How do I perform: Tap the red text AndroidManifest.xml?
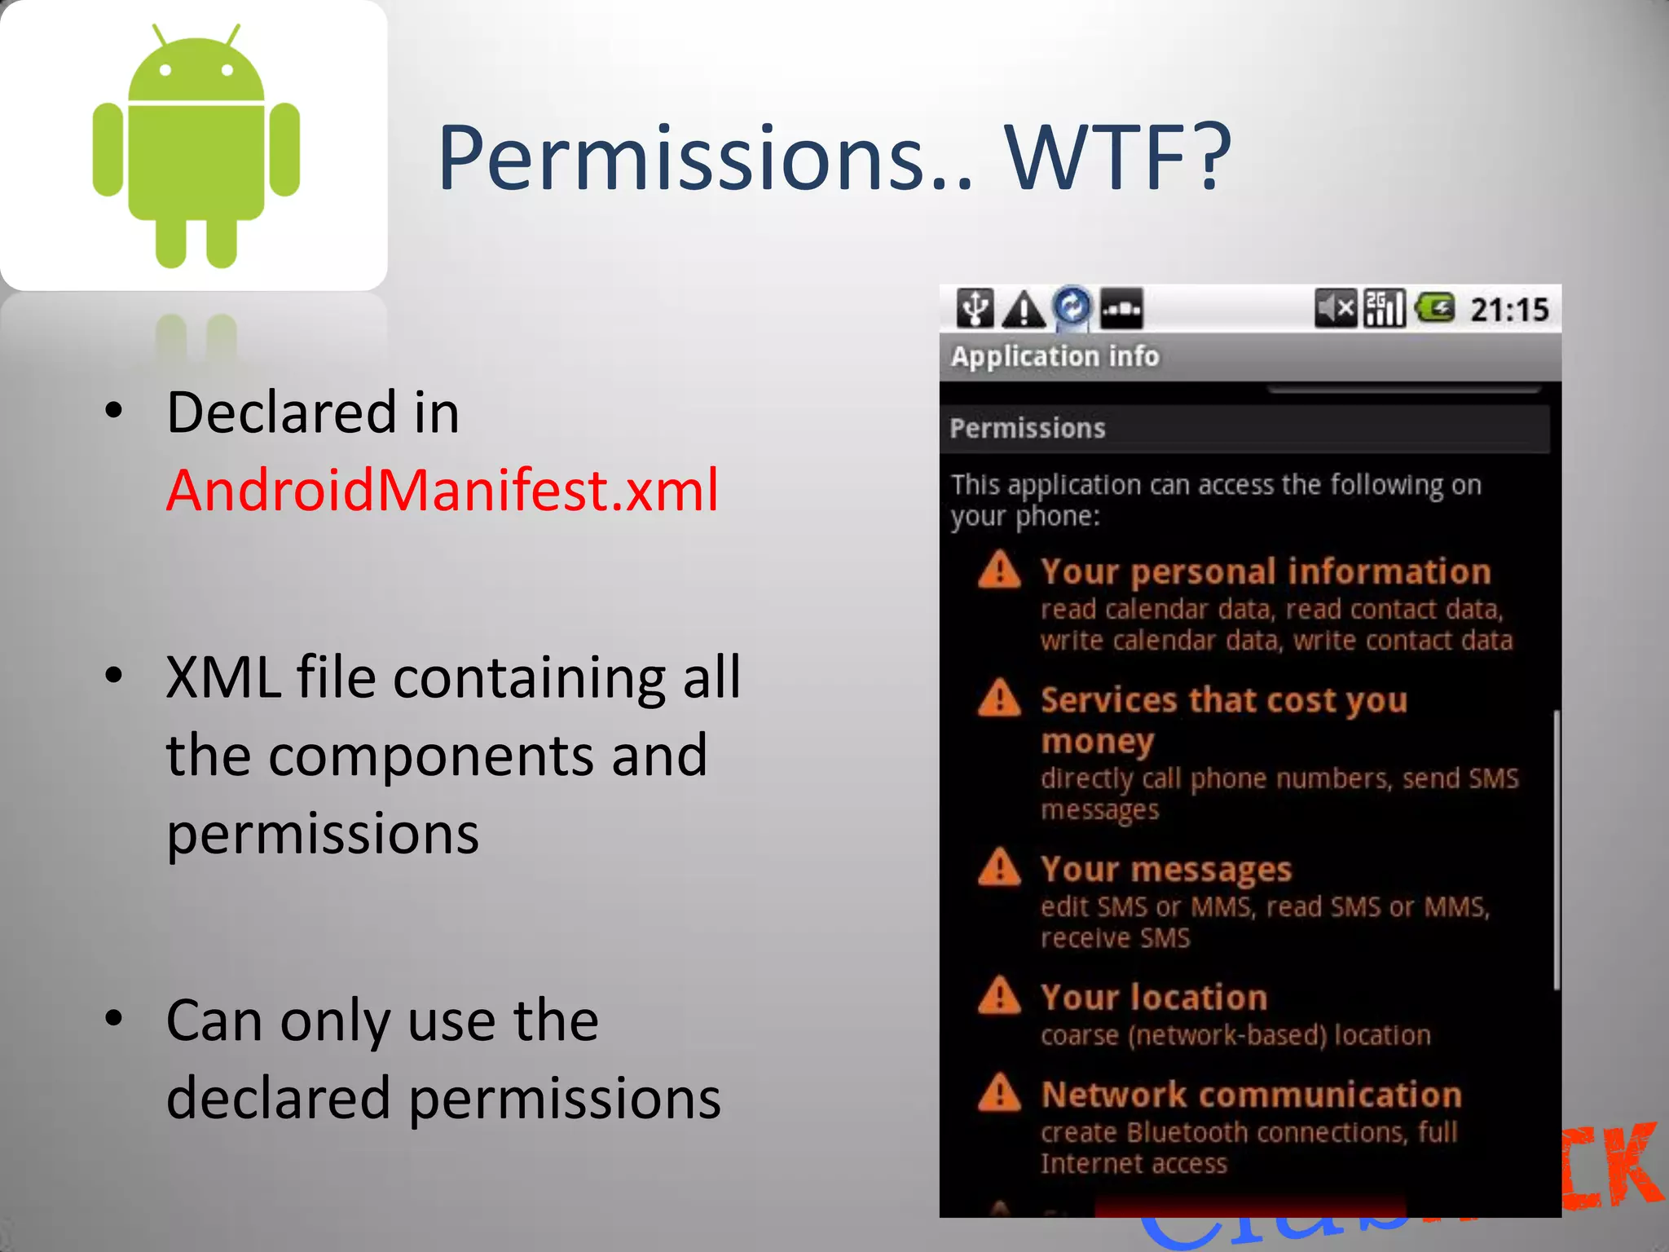443,490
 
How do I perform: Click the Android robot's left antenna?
160,34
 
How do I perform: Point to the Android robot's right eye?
227,71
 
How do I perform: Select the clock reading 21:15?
1508,310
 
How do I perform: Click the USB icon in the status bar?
975,308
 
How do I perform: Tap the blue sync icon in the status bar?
1072,307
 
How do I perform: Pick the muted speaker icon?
1335,309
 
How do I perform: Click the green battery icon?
1435,308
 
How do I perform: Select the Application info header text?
1055,356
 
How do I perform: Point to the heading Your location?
1154,998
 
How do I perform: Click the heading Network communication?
1251,1095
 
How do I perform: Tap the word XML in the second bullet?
222,677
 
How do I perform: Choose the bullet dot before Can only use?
114,1018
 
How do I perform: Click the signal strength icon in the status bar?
1385,309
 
